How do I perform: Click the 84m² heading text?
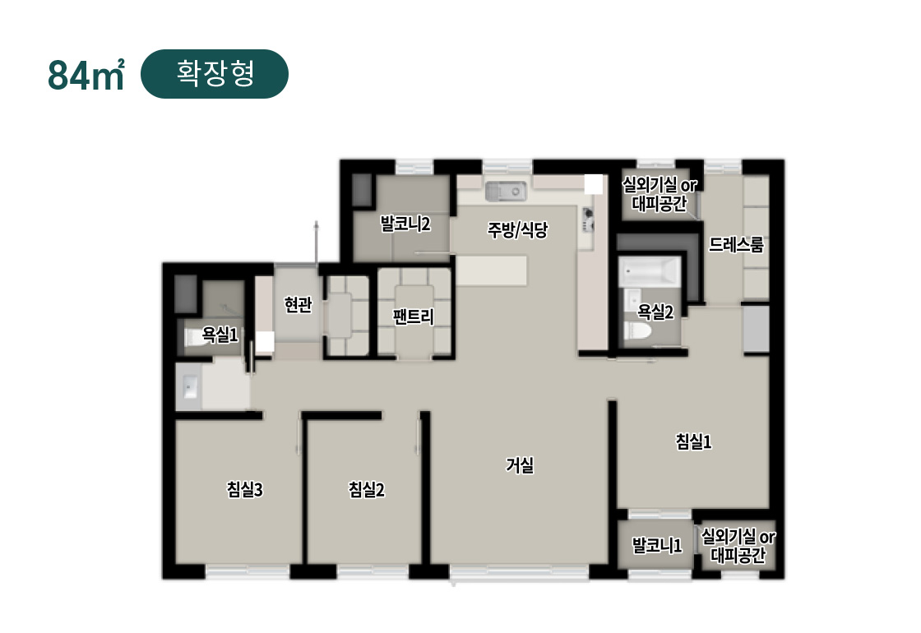[86, 75]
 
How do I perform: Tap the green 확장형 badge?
[215, 74]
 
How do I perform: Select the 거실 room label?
[520, 465]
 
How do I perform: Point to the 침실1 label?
[694, 441]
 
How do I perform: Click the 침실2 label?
[367, 489]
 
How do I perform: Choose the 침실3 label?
[245, 489]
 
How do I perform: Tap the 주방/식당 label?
[517, 229]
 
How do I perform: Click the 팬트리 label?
[414, 316]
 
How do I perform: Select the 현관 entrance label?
[298, 304]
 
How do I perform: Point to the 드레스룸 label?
[736, 244]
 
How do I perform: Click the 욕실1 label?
[220, 335]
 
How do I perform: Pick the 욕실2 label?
[655, 312]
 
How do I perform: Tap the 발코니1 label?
[657, 546]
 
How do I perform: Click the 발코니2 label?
[405, 224]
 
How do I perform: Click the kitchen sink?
[505, 192]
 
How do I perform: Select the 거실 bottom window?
[519, 572]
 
